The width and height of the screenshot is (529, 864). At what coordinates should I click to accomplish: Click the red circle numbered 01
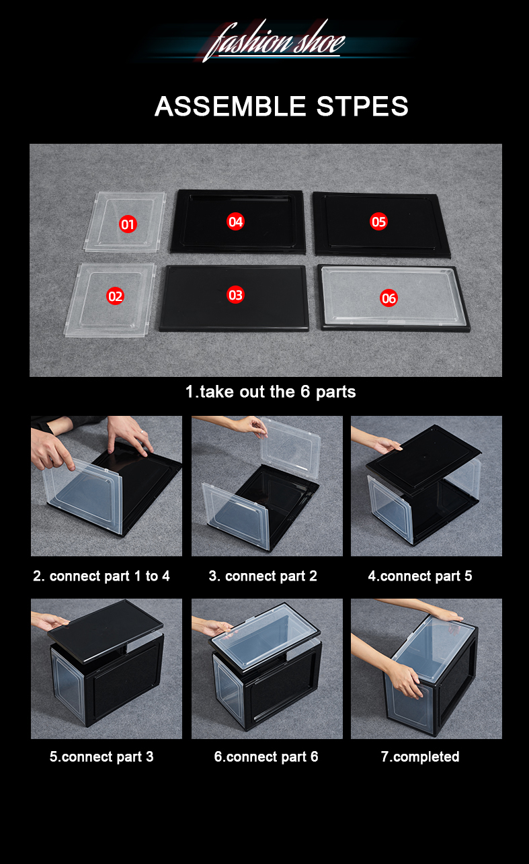(128, 224)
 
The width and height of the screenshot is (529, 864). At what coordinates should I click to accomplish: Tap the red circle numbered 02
(116, 296)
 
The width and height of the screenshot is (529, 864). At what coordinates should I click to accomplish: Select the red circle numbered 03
(235, 295)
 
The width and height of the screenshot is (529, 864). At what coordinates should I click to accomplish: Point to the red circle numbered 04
(235, 222)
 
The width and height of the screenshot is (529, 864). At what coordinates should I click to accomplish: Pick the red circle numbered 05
(378, 222)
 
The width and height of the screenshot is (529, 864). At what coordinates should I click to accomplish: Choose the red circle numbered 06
(389, 298)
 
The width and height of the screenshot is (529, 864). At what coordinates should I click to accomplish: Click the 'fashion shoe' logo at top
(274, 41)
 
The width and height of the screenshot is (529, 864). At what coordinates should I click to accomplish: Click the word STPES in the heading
(362, 106)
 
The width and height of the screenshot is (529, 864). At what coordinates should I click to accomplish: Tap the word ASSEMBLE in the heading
(231, 106)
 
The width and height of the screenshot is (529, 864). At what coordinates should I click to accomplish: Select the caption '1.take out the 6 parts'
(270, 392)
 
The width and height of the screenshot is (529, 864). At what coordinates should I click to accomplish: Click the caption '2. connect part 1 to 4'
(101, 576)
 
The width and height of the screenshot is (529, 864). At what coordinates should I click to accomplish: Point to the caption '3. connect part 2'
(263, 576)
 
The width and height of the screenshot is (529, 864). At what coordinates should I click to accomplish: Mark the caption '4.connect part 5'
(420, 576)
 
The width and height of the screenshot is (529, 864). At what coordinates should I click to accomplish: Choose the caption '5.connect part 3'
(101, 757)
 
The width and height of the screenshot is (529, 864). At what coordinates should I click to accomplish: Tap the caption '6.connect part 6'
(266, 757)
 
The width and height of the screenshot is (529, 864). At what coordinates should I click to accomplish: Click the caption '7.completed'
(420, 757)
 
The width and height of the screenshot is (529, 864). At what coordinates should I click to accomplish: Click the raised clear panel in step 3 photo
(291, 449)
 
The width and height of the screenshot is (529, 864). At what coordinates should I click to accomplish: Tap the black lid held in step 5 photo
(106, 631)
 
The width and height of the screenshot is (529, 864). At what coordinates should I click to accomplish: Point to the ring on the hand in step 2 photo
(142, 432)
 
